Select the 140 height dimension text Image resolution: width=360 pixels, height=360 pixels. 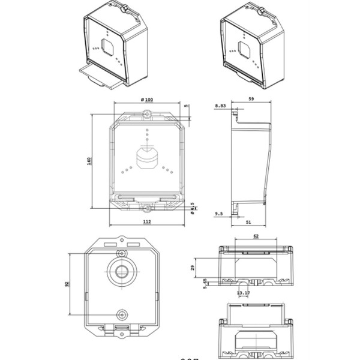click(89, 161)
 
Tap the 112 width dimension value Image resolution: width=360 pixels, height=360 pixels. click(146, 221)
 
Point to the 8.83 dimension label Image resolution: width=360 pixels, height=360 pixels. click(220, 106)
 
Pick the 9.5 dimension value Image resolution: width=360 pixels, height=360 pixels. click(219, 213)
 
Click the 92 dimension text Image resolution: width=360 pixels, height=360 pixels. click(67, 284)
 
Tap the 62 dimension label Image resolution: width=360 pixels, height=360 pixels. click(256, 237)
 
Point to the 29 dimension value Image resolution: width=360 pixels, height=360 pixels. click(193, 268)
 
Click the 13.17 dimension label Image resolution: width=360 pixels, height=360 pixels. click(243, 293)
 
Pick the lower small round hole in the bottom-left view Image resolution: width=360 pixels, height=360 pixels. click(122, 315)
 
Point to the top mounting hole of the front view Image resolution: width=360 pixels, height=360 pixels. click(146, 116)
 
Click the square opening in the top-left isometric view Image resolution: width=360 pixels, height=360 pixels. click(109, 47)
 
